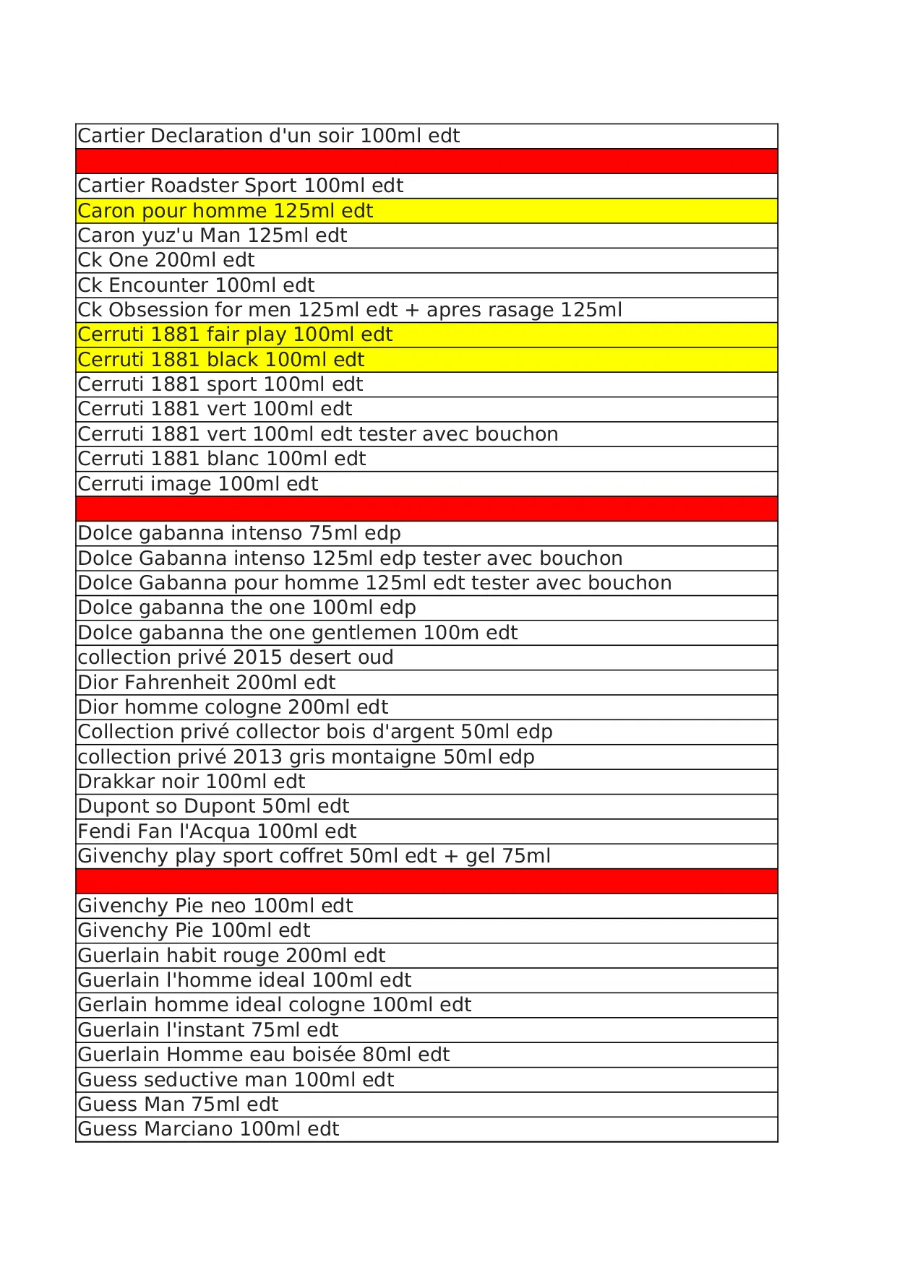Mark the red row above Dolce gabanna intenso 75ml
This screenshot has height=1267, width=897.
click(426, 509)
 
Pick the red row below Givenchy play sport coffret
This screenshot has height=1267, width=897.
click(426, 881)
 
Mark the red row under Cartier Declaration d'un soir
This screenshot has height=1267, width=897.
click(426, 161)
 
